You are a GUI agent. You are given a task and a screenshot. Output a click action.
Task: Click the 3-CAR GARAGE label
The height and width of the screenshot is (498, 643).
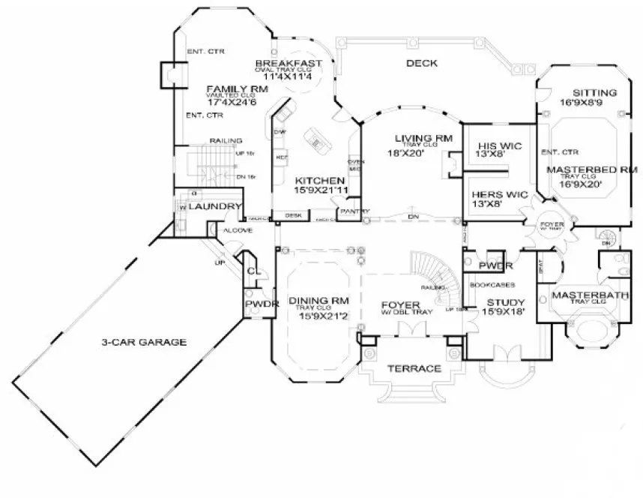tap(144, 343)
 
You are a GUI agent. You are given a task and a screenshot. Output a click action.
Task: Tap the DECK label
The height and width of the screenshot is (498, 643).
tap(421, 63)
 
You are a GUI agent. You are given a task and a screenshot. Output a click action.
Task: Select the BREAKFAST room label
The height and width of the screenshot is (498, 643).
tap(289, 62)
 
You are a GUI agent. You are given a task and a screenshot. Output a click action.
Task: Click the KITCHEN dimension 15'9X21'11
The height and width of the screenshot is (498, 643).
tap(320, 191)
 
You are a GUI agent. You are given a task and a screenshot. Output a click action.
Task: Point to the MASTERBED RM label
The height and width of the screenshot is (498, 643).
tap(591, 170)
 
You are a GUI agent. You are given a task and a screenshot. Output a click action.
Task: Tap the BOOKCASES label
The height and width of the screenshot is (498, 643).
tap(489, 286)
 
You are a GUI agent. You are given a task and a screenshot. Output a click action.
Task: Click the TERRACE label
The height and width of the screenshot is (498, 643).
tap(413, 369)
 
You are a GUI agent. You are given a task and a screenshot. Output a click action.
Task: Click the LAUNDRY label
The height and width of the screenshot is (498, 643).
tap(214, 206)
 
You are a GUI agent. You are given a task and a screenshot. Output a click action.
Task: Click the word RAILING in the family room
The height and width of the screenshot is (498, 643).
tap(225, 140)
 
